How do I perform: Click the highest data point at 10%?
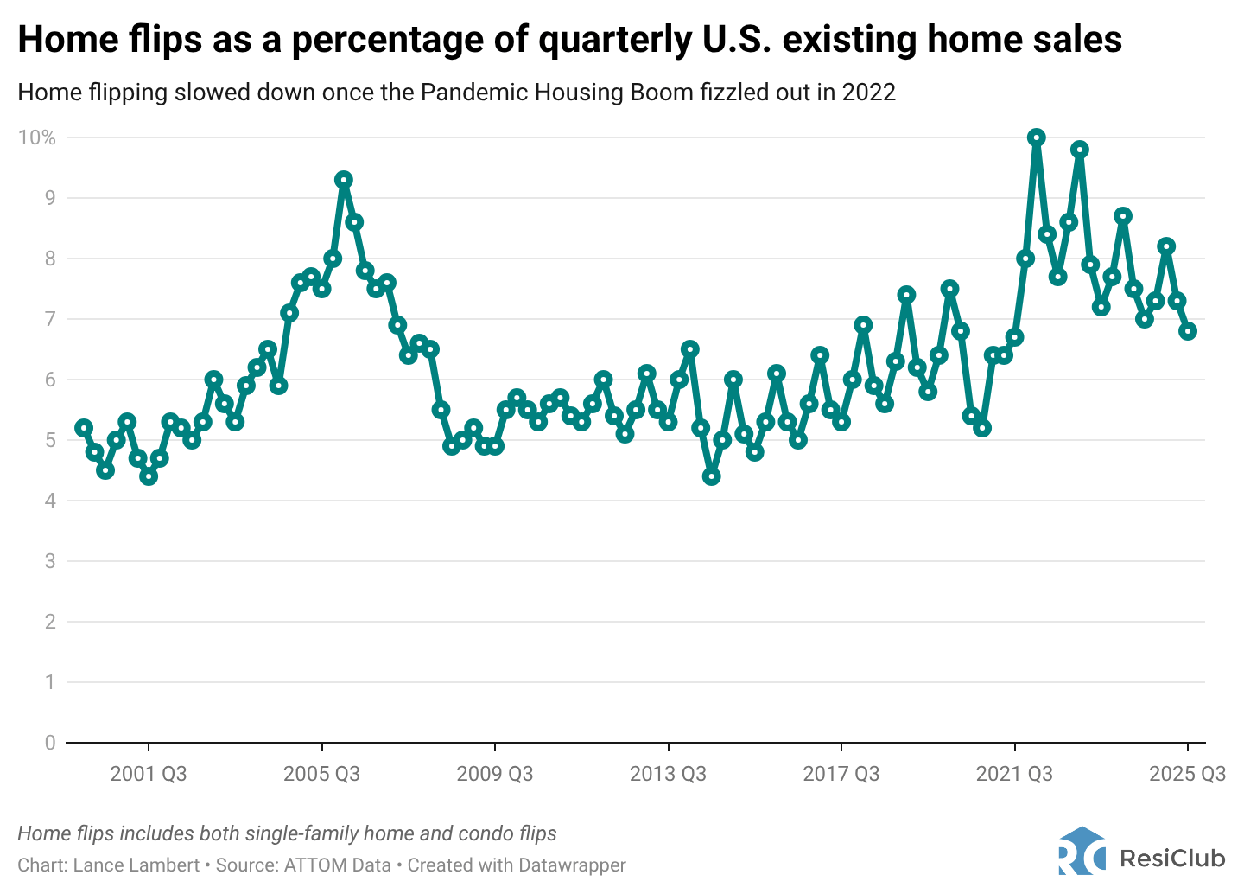click(1037, 137)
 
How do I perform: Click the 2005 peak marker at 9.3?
click(344, 180)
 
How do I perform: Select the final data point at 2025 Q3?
click(1188, 331)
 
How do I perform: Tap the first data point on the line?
click(84, 428)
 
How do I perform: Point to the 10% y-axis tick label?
click(37, 137)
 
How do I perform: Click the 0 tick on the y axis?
click(50, 743)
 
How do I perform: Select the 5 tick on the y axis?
click(50, 440)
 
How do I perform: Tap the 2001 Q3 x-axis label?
click(149, 774)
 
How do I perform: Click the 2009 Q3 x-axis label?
click(495, 774)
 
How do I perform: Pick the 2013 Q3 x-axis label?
click(668, 774)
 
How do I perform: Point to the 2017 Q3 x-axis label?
click(841, 774)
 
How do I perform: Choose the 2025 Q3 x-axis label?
click(1187, 774)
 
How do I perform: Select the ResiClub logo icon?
click(1082, 852)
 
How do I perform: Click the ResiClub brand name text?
click(1172, 858)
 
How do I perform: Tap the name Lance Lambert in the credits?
click(136, 865)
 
